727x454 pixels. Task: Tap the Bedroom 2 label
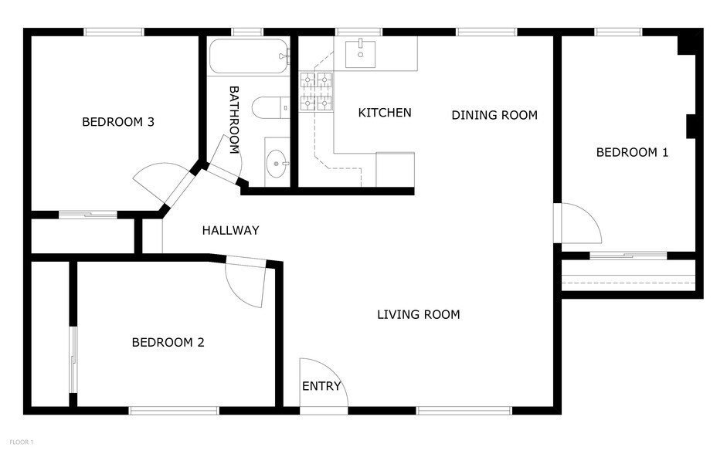pos(168,342)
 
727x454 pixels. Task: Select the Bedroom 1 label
pos(632,152)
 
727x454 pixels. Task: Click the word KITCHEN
pos(385,113)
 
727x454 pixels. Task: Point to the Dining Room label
pos(494,115)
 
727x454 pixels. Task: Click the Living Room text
pos(418,314)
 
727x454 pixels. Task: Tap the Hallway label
pos(230,230)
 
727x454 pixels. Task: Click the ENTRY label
pos(321,386)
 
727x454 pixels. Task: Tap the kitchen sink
pos(360,54)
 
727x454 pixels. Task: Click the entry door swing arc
pos(323,380)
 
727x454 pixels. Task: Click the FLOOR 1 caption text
pos(21,442)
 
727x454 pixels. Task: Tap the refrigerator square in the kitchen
pos(395,169)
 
